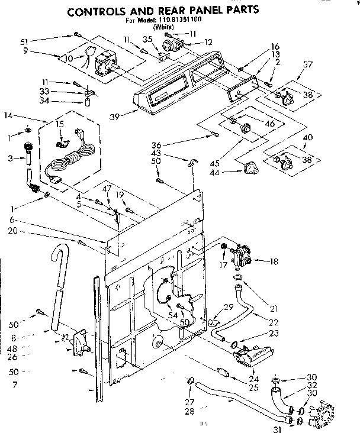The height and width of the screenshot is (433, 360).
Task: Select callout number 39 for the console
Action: (115, 116)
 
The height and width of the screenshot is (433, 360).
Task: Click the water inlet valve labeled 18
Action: (240, 253)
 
